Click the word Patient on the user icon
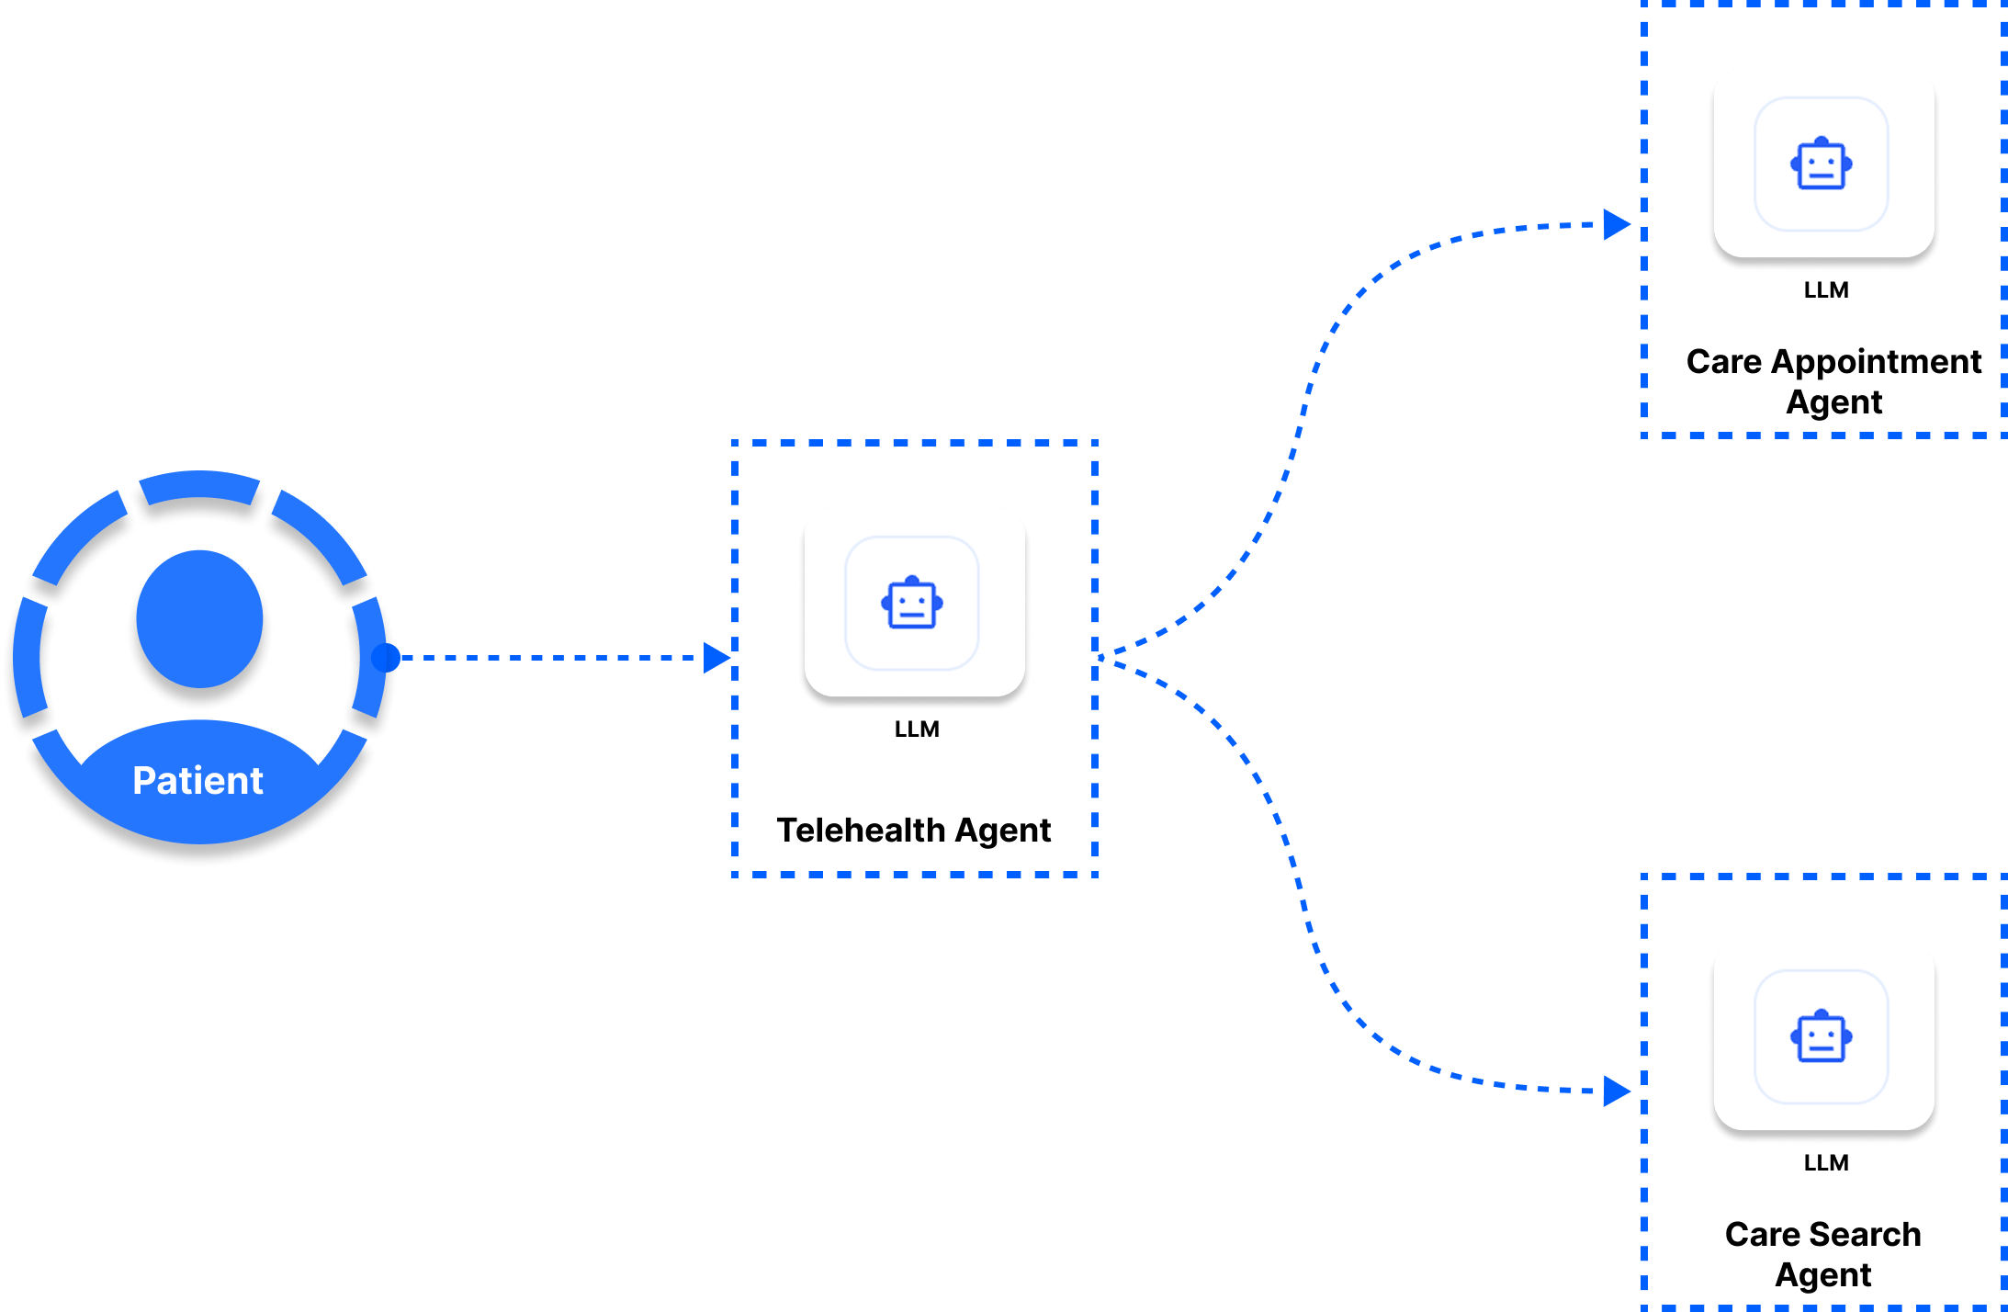click(197, 781)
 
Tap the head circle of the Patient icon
click(199, 618)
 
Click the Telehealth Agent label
click(914, 831)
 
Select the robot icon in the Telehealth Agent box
click(912, 604)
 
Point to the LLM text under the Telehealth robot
click(917, 730)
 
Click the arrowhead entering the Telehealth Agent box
click(716, 658)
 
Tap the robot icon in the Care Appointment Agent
click(1822, 164)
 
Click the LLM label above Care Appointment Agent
click(1826, 290)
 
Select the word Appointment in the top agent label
click(1876, 362)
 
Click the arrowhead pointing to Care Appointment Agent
click(1616, 224)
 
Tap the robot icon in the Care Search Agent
click(1822, 1037)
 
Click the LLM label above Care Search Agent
click(1826, 1163)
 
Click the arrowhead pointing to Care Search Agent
click(1616, 1091)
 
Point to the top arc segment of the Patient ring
click(199, 487)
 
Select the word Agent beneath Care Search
click(1823, 1275)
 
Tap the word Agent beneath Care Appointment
click(1834, 402)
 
